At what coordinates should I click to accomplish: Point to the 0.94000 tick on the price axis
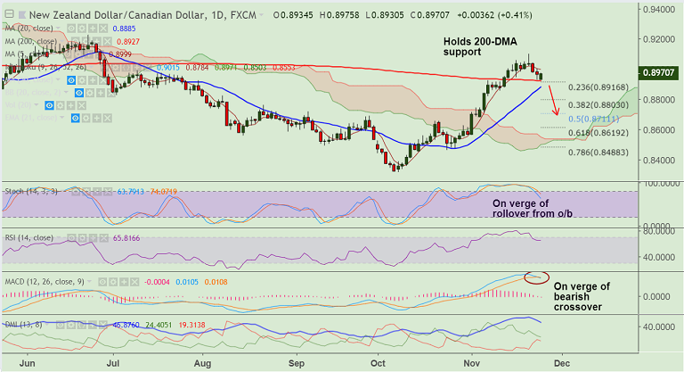[660, 10]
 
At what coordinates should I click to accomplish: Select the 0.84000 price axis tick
[660, 161]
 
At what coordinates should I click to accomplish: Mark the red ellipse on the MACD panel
[537, 277]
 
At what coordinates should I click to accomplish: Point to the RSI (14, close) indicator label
[32, 238]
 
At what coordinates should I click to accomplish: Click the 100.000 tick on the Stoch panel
[660, 183]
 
